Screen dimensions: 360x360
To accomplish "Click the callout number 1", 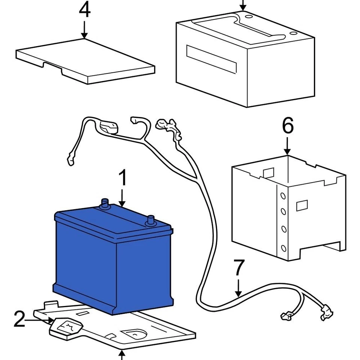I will pos(123,179).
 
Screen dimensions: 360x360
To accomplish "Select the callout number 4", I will pos(84,11).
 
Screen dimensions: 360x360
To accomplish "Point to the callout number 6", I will pos(288,127).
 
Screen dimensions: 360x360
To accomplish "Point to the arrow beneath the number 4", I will pos(84,30).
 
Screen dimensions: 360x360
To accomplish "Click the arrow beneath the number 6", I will pos(288,146).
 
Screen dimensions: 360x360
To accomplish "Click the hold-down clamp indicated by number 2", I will pos(66,327).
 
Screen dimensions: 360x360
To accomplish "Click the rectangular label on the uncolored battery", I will pos(212,59).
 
